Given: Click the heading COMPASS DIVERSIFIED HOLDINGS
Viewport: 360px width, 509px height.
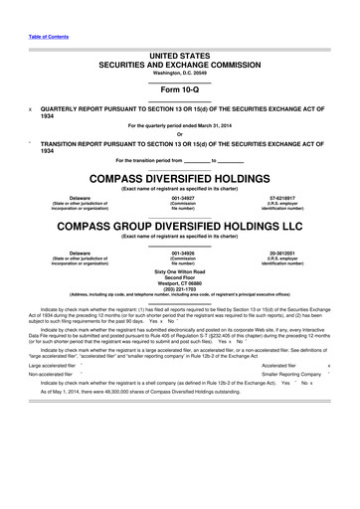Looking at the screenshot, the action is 180,178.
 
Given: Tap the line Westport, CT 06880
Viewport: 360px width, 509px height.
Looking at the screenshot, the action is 180,282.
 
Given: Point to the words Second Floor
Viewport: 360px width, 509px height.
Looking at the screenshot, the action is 180,276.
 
